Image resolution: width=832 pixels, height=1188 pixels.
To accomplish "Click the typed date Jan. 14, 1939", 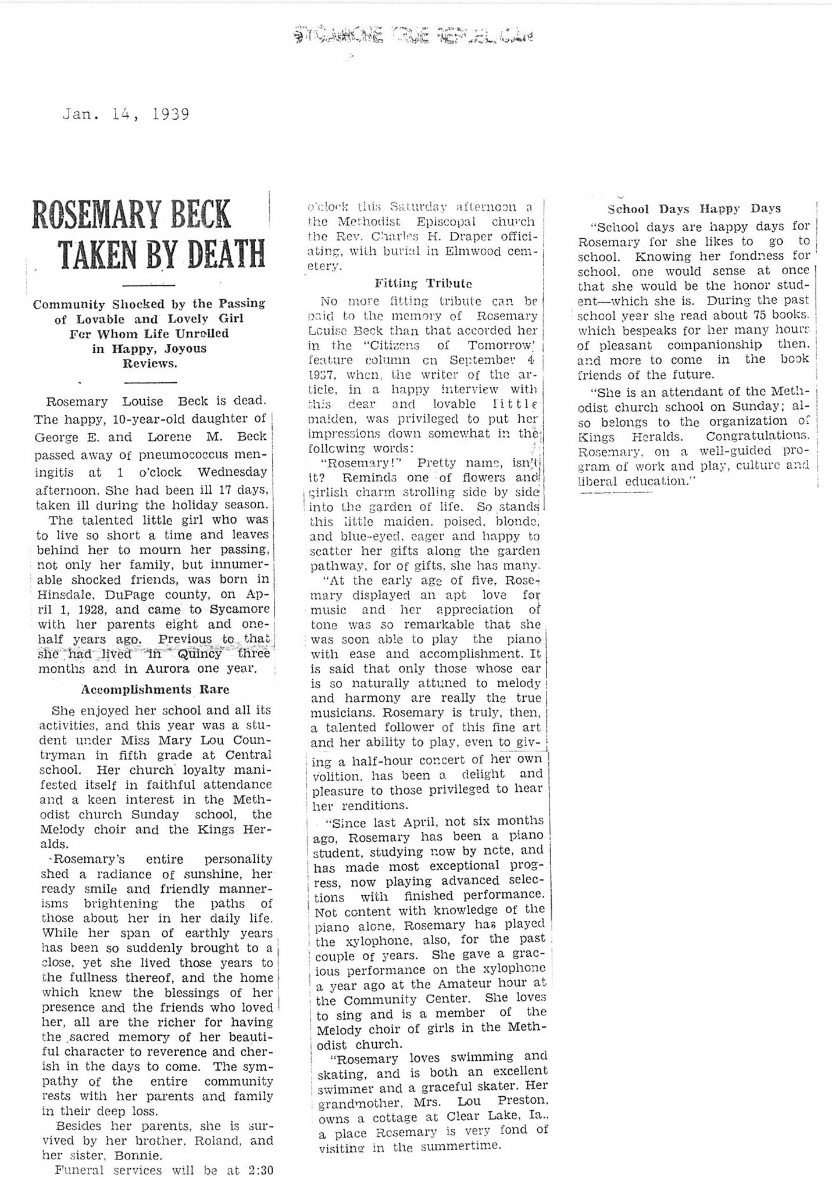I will (126, 114).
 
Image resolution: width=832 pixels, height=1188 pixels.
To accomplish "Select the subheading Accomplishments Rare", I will (155, 690).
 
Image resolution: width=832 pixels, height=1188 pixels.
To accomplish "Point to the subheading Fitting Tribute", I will (423, 283).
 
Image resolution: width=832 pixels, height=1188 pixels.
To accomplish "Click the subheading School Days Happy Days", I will (694, 209).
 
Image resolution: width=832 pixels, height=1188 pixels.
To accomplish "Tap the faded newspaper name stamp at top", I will (413, 36).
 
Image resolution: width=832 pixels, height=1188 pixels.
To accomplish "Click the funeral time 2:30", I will (260, 1170).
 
